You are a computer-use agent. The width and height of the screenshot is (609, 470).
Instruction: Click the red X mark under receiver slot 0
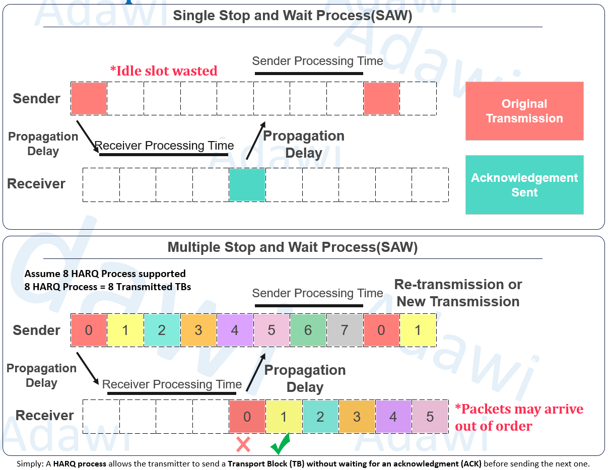(243, 444)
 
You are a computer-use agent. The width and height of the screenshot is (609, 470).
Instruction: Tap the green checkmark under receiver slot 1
(280, 444)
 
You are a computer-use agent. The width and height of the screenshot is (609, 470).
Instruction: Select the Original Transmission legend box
(524, 111)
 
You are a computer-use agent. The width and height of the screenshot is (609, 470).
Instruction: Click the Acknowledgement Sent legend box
(524, 185)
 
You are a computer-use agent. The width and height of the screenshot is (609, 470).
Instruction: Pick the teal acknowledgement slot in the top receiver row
(247, 185)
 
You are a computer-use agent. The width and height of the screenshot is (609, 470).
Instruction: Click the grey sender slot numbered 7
(345, 330)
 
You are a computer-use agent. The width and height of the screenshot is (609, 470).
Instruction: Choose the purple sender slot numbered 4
(235, 330)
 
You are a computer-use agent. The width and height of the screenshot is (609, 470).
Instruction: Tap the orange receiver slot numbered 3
(357, 417)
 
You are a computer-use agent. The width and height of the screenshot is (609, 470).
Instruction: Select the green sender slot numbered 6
(308, 330)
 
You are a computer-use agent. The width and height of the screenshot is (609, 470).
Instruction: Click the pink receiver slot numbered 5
(430, 417)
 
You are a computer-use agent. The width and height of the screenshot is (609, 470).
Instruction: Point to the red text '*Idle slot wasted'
(164, 71)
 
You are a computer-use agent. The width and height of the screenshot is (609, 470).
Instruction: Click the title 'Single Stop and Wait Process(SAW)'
(293, 16)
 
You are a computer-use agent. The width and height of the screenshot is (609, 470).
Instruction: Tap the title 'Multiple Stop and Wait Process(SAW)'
(293, 247)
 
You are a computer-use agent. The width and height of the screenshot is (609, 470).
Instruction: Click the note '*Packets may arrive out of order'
(519, 417)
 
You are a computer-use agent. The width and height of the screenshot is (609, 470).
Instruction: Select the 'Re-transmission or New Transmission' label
(458, 293)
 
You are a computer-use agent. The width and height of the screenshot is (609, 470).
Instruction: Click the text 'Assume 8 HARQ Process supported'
(105, 274)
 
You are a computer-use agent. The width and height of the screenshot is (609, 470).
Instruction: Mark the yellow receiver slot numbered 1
(284, 417)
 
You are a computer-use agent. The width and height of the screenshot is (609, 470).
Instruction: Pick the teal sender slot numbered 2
(162, 330)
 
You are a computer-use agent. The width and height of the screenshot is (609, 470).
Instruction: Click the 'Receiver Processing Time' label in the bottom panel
(172, 384)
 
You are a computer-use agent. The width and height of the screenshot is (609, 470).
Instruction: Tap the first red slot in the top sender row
(89, 99)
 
